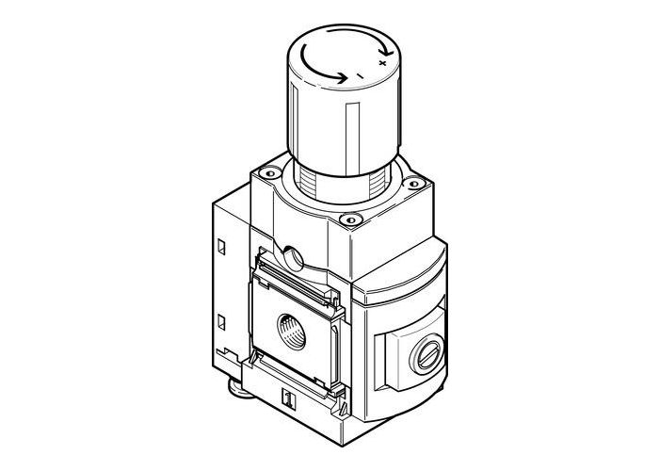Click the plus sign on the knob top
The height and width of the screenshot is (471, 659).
[380, 61]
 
